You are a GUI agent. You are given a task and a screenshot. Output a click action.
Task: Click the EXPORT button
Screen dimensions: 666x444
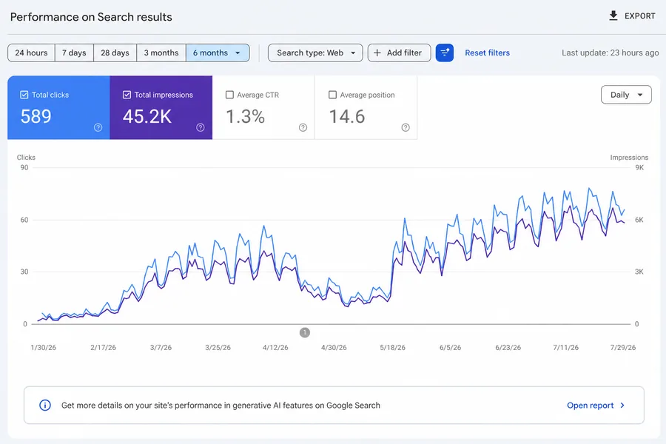tap(632, 16)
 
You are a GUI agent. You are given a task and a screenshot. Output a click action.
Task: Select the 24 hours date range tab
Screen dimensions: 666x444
tap(31, 53)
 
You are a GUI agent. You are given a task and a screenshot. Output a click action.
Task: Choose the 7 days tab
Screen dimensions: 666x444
tap(74, 53)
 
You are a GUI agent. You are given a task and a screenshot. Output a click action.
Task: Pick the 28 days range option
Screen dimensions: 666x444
tap(115, 53)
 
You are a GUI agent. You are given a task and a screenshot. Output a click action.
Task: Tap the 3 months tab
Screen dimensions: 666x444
tap(161, 53)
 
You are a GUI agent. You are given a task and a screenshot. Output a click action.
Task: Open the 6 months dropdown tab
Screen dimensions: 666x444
tap(218, 53)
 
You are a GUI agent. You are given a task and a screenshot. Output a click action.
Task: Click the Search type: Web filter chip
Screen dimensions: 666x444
tap(315, 53)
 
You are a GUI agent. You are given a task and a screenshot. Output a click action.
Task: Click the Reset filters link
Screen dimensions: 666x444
tap(487, 53)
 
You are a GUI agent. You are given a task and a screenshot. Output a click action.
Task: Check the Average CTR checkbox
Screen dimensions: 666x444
tap(230, 95)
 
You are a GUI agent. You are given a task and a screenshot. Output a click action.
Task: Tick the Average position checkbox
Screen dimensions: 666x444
tap(332, 95)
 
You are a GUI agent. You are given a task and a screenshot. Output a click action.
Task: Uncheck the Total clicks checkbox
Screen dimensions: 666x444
tap(24, 95)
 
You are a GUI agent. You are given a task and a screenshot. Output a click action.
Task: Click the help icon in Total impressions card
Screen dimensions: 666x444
tap(201, 127)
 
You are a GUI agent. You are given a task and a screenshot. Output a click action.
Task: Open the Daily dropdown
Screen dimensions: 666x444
tap(626, 95)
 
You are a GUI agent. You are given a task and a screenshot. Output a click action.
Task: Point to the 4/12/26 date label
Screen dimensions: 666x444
tap(275, 348)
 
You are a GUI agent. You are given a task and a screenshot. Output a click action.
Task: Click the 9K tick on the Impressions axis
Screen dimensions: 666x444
tap(639, 167)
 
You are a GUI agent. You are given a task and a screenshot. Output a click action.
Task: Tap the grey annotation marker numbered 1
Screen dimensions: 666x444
tap(305, 332)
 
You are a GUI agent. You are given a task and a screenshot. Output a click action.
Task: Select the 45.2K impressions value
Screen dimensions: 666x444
tap(147, 116)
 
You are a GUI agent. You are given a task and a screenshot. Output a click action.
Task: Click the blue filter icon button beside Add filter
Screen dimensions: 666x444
tap(445, 53)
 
